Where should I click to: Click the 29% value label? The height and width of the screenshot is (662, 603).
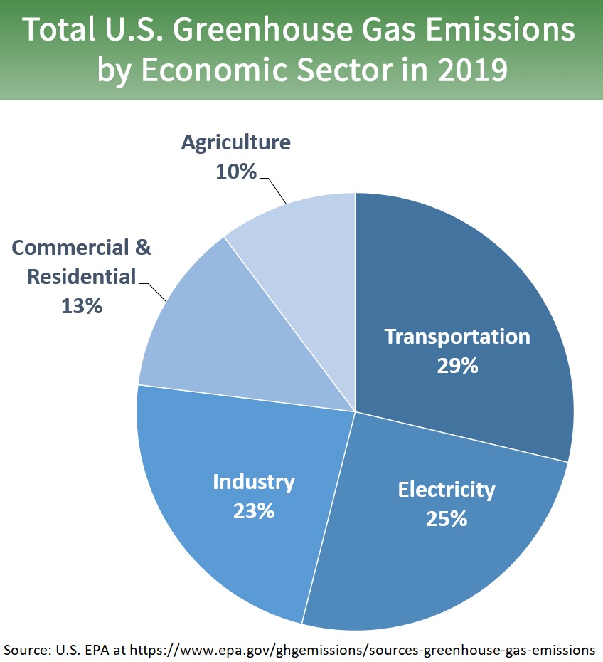coord(457,366)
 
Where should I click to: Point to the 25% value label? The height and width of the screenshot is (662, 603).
coord(446,519)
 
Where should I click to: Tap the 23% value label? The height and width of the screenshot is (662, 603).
coord(254,511)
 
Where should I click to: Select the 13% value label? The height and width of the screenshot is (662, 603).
coord(82,306)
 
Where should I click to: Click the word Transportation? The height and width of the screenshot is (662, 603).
coord(457,337)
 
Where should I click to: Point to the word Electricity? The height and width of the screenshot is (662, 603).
coord(446,490)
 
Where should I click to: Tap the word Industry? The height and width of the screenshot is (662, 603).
coord(254,482)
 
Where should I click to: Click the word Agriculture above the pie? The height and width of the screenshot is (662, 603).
coord(235,142)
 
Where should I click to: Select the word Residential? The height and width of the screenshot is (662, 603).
coord(81,277)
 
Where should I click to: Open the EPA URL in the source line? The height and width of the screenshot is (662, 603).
coord(388,649)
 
